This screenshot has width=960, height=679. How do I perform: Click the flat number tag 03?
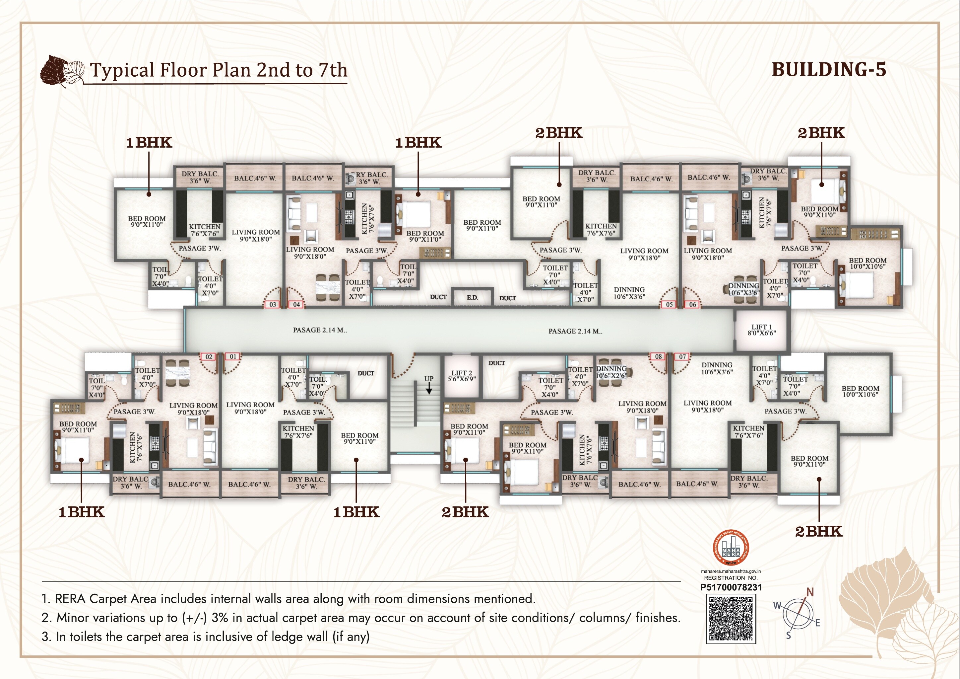tap(273, 305)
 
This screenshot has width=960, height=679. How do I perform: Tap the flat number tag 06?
tap(693, 305)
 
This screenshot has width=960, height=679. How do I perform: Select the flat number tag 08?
tap(658, 356)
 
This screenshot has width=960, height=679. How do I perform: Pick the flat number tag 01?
tap(233, 357)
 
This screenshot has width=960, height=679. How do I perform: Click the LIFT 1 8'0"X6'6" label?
tap(761, 330)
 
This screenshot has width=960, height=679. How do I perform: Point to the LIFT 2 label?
tap(462, 376)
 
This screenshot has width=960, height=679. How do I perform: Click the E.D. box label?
tap(473, 297)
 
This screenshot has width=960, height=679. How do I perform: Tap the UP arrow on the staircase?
tap(429, 389)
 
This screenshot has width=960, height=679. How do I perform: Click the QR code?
tap(731, 619)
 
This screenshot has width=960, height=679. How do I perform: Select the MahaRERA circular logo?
tap(731, 548)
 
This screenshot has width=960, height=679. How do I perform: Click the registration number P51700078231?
tap(731, 587)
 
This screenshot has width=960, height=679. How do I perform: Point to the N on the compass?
tap(810, 592)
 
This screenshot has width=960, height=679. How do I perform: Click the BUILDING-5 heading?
tap(829, 69)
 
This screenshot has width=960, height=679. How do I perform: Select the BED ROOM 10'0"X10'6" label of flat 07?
tap(860, 391)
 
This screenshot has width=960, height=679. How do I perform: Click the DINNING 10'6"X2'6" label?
tap(611, 372)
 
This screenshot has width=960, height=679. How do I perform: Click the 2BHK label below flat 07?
tap(818, 531)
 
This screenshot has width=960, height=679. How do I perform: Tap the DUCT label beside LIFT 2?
tap(497, 363)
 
